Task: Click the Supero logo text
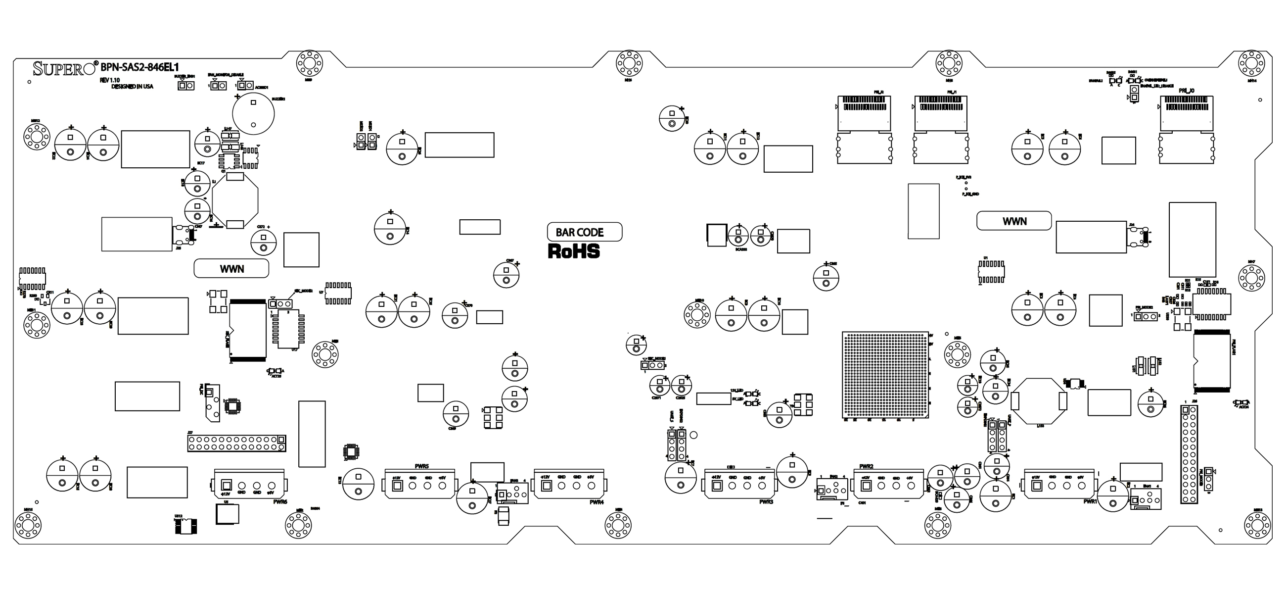64,68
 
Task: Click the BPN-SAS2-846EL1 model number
140,67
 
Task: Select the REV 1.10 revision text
110,80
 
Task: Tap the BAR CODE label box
585,232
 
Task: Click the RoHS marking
574,251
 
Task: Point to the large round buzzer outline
254,114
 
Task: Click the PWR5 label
422,467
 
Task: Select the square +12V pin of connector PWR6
226,485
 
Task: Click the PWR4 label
596,502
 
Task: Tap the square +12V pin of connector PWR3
717,485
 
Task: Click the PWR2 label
866,467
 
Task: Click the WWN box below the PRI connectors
1014,221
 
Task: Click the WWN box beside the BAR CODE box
231,269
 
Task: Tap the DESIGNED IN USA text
132,87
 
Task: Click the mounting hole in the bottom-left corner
29,525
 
